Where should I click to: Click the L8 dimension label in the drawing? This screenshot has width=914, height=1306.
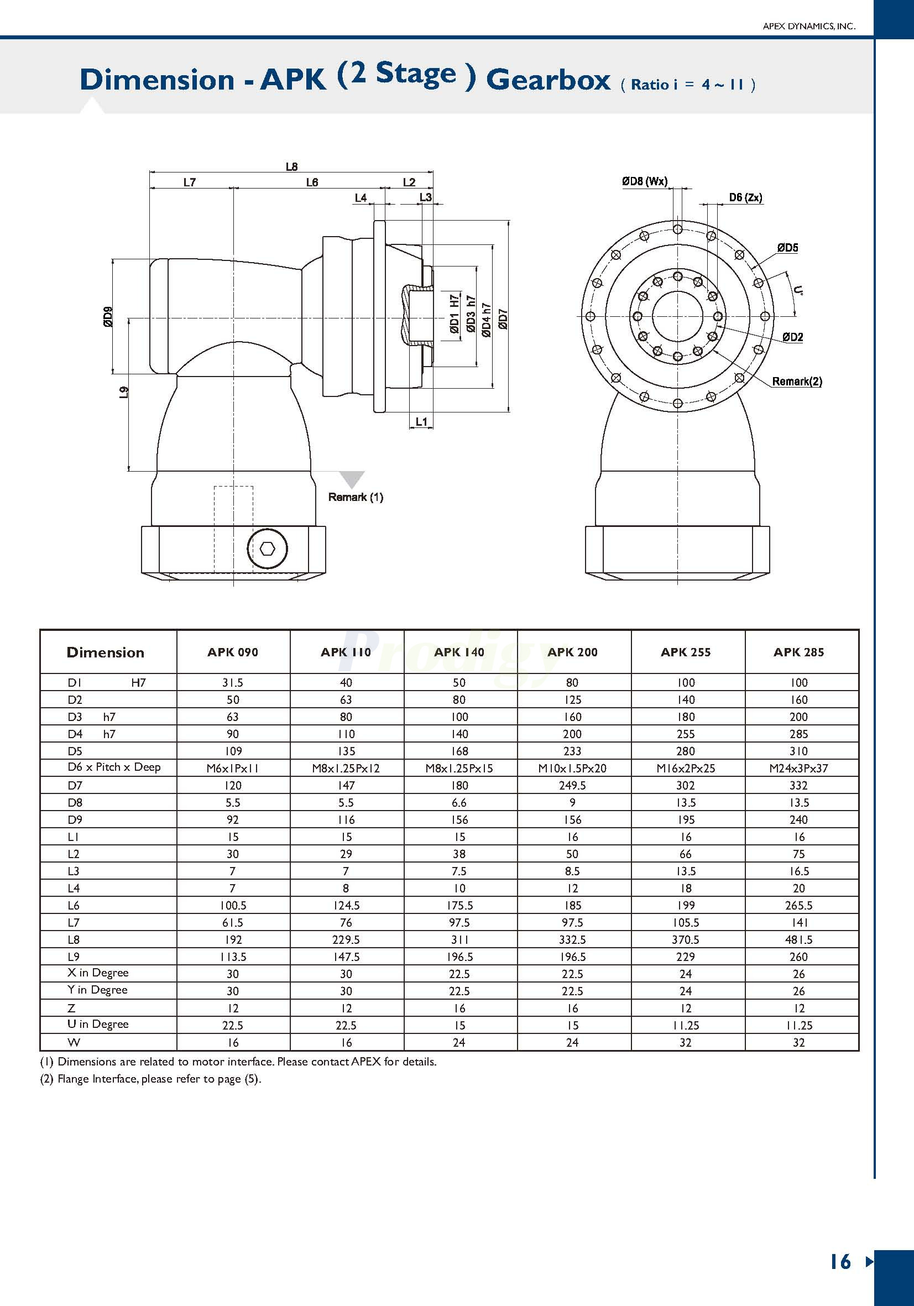291,166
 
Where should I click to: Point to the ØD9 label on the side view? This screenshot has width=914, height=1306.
107,316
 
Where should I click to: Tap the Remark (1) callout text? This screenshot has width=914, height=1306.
356,497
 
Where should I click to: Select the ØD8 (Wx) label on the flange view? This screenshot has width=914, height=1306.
644,181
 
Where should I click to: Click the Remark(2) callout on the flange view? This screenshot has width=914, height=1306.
797,381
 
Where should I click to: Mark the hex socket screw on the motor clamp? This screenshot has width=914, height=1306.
267,549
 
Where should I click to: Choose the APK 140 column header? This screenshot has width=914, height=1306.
459,652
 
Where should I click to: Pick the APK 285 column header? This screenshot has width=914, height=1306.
798,652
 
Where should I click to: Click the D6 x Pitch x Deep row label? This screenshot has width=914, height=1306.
114,767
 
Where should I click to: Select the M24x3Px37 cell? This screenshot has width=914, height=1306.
798,769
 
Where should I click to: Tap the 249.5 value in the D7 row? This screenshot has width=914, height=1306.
572,786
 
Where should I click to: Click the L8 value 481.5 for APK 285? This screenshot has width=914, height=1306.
798,939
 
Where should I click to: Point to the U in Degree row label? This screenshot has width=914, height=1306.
98,1024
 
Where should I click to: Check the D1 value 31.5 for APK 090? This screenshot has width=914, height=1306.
233,682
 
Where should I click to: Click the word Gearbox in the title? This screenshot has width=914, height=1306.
548,80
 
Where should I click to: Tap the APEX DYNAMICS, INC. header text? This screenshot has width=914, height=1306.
809,26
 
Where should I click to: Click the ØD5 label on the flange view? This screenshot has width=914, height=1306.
788,248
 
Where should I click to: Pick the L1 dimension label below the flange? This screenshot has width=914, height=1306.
421,421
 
